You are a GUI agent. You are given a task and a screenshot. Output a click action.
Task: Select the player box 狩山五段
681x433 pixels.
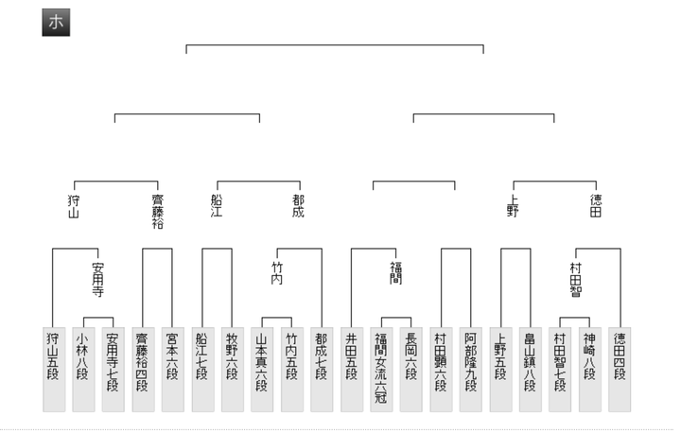point(54,370)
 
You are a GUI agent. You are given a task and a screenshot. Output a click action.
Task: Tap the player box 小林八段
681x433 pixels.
point(83,370)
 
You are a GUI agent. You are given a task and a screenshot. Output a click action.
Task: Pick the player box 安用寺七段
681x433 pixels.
point(113,370)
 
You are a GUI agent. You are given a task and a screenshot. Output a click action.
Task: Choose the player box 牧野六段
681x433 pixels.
point(232,370)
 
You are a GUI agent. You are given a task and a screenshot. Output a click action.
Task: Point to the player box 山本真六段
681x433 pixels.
point(262,370)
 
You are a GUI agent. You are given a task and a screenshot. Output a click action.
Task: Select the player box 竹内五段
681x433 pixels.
point(291,370)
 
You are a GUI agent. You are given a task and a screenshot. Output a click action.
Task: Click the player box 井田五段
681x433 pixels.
point(351,370)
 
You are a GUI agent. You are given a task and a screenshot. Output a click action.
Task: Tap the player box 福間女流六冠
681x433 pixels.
point(381,370)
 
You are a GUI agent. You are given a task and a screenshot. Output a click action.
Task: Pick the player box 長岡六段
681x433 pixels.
point(410,370)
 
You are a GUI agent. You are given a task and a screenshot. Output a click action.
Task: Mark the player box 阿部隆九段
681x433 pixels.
point(470,370)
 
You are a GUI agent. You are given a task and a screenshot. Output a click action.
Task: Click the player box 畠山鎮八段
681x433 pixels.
point(530,370)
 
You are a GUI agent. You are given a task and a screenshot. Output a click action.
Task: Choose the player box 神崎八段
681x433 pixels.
point(589,370)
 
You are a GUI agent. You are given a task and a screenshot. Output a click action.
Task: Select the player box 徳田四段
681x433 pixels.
point(620,370)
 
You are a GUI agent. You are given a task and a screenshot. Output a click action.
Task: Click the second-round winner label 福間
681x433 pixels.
point(395,273)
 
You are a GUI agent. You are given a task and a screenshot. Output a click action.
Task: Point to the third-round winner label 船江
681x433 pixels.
point(218,205)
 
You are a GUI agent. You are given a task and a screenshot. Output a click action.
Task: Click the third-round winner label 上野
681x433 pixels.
point(514,205)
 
